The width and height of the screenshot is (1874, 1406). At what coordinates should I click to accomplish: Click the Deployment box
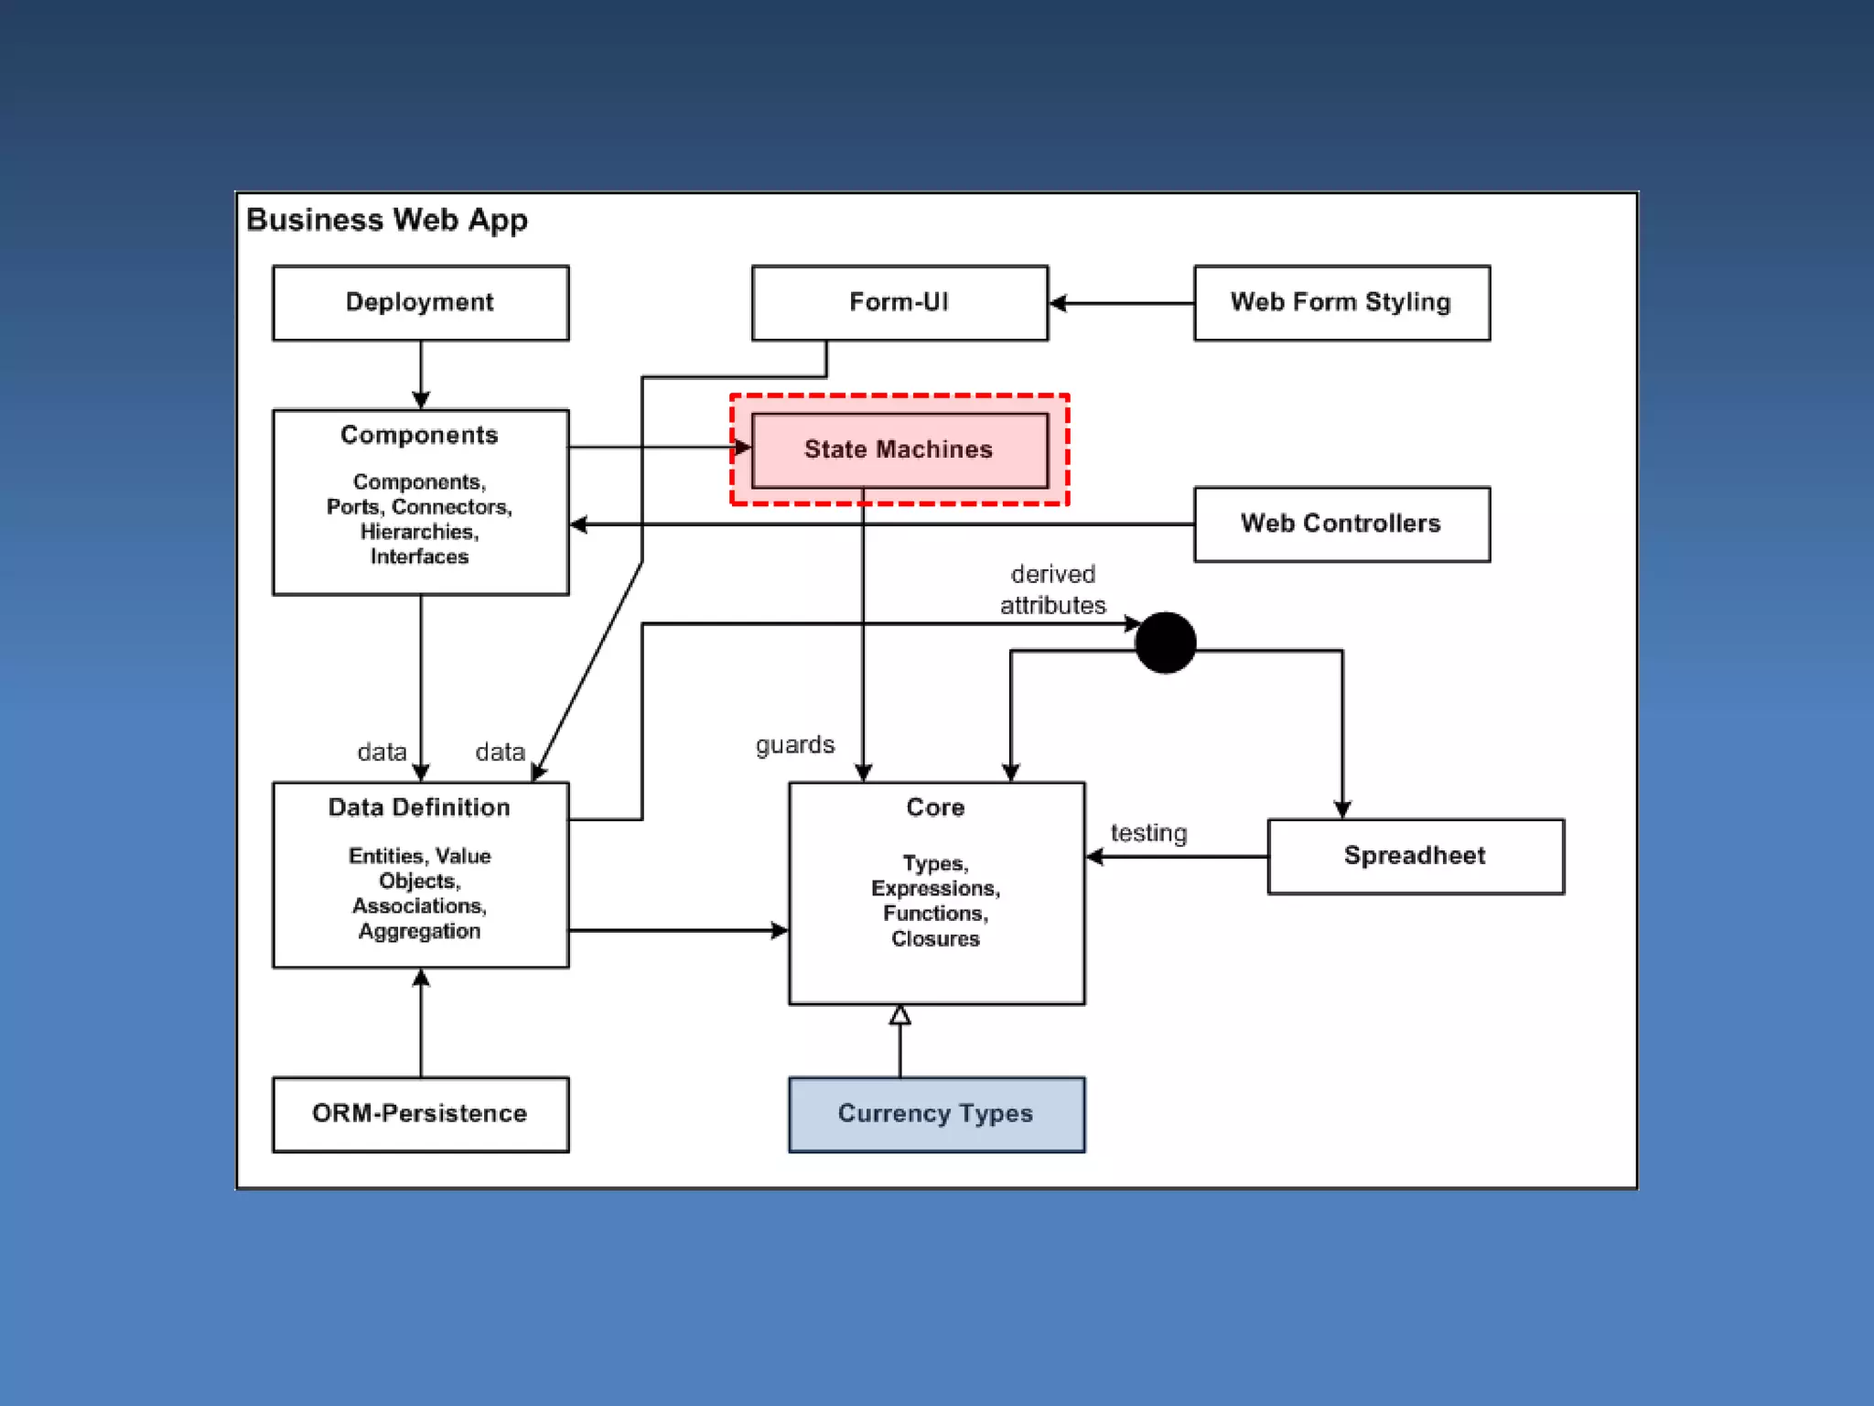[x=421, y=303]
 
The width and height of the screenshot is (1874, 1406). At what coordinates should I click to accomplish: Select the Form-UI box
[x=899, y=303]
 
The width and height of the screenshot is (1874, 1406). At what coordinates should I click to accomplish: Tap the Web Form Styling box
[x=1342, y=303]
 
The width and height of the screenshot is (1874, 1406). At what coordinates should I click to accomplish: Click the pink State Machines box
[x=899, y=450]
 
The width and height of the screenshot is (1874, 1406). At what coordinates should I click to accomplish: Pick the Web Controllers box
[x=1342, y=524]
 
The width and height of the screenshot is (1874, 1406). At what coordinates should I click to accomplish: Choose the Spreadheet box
[x=1416, y=856]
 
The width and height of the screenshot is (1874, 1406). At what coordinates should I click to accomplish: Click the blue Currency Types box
[x=937, y=1114]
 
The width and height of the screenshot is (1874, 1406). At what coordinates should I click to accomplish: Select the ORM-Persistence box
[x=421, y=1114]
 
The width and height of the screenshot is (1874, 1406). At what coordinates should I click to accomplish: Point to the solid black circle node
[x=1165, y=643]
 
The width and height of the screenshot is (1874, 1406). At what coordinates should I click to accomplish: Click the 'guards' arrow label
[x=795, y=745]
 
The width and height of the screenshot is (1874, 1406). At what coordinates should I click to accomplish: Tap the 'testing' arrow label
[x=1148, y=833]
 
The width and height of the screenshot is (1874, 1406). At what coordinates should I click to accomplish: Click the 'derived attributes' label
[x=1052, y=589]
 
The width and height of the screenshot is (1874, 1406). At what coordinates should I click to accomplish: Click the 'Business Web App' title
[x=387, y=221]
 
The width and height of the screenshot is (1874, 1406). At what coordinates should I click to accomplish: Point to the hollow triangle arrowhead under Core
[x=900, y=1014]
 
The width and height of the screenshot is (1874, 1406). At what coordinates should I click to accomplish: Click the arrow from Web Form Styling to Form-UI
[x=1122, y=303]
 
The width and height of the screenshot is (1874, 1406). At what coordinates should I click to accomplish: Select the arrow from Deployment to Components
[x=421, y=375]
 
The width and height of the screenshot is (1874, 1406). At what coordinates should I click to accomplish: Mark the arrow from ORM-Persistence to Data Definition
[x=421, y=1022]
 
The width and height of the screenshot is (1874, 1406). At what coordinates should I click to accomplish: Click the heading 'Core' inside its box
[x=935, y=807]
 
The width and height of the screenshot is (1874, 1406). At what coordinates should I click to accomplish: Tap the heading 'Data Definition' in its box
[x=420, y=807]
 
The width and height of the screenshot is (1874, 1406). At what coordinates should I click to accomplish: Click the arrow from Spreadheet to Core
[x=1177, y=857]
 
